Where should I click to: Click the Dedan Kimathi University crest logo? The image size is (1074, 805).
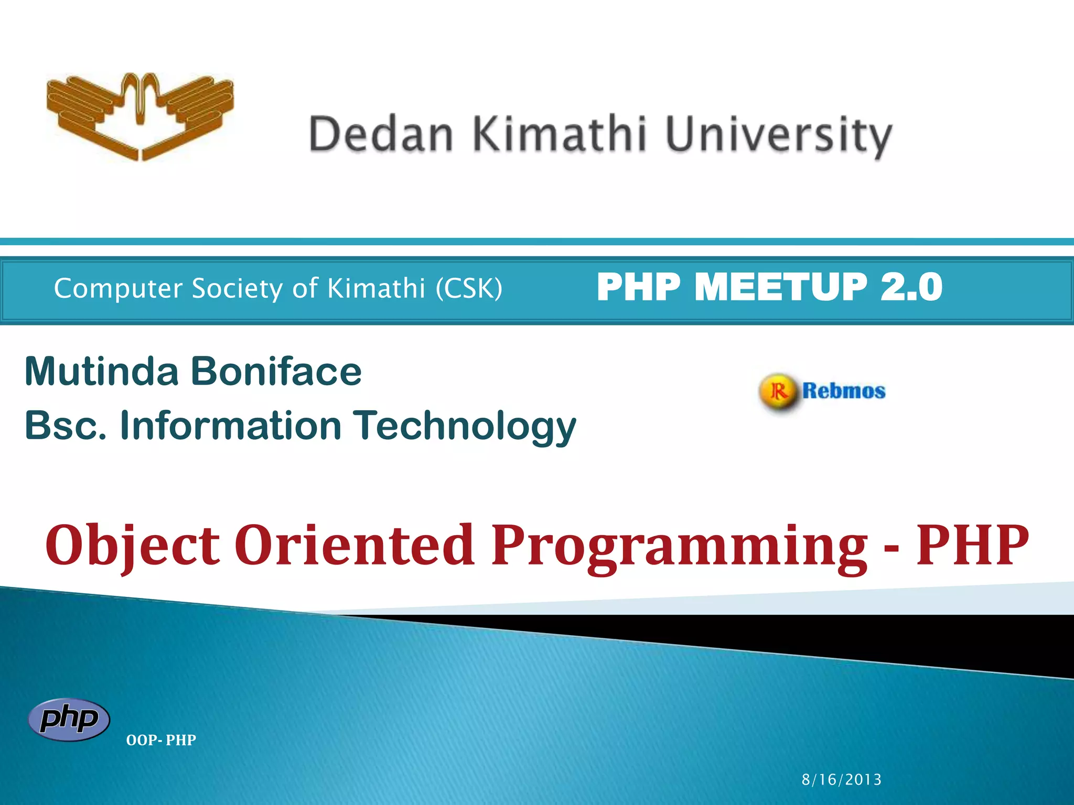point(140,116)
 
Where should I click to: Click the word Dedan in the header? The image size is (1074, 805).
point(381,135)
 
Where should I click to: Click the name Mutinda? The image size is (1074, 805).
point(102,371)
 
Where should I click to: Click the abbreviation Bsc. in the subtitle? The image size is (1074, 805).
point(66,425)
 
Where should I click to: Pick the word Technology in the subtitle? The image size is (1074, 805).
point(464,426)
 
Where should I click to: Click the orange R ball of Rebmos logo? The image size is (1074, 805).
point(778,391)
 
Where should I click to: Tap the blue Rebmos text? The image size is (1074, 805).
point(843,391)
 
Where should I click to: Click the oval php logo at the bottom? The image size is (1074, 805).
point(69,719)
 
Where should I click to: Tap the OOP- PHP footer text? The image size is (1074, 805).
point(161,740)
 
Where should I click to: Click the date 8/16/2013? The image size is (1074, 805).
point(841,779)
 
